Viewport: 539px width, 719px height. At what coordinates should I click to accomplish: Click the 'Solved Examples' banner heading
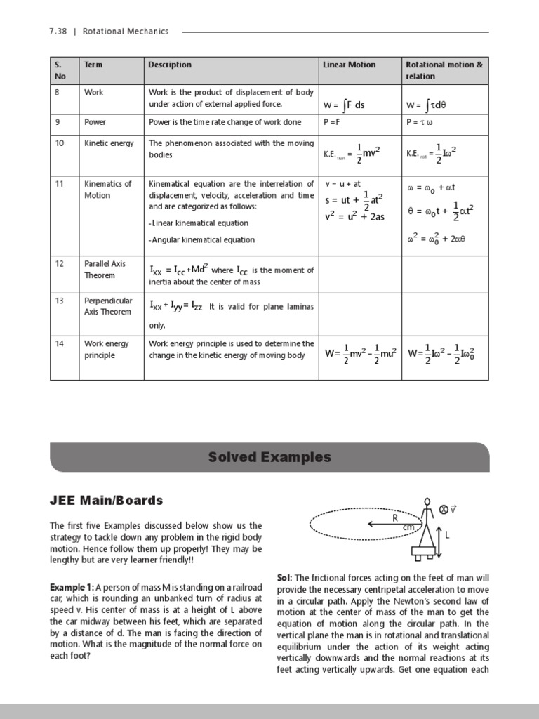[x=269, y=457]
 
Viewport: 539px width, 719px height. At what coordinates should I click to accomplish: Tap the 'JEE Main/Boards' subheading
[x=106, y=501]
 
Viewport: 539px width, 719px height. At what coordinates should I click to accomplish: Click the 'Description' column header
[x=170, y=65]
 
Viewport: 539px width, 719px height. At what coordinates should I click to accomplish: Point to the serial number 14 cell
[x=60, y=343]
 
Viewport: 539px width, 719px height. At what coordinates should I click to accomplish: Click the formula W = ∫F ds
[x=344, y=105]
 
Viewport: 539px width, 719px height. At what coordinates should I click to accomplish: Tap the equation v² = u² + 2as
[x=354, y=216]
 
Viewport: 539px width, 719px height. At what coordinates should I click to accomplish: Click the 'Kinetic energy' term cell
[x=109, y=143]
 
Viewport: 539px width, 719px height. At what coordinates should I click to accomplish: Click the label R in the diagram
[x=395, y=517]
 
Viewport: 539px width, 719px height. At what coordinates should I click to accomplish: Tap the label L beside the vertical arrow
[x=447, y=535]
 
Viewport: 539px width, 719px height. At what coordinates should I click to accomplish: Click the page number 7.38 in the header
[x=58, y=32]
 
